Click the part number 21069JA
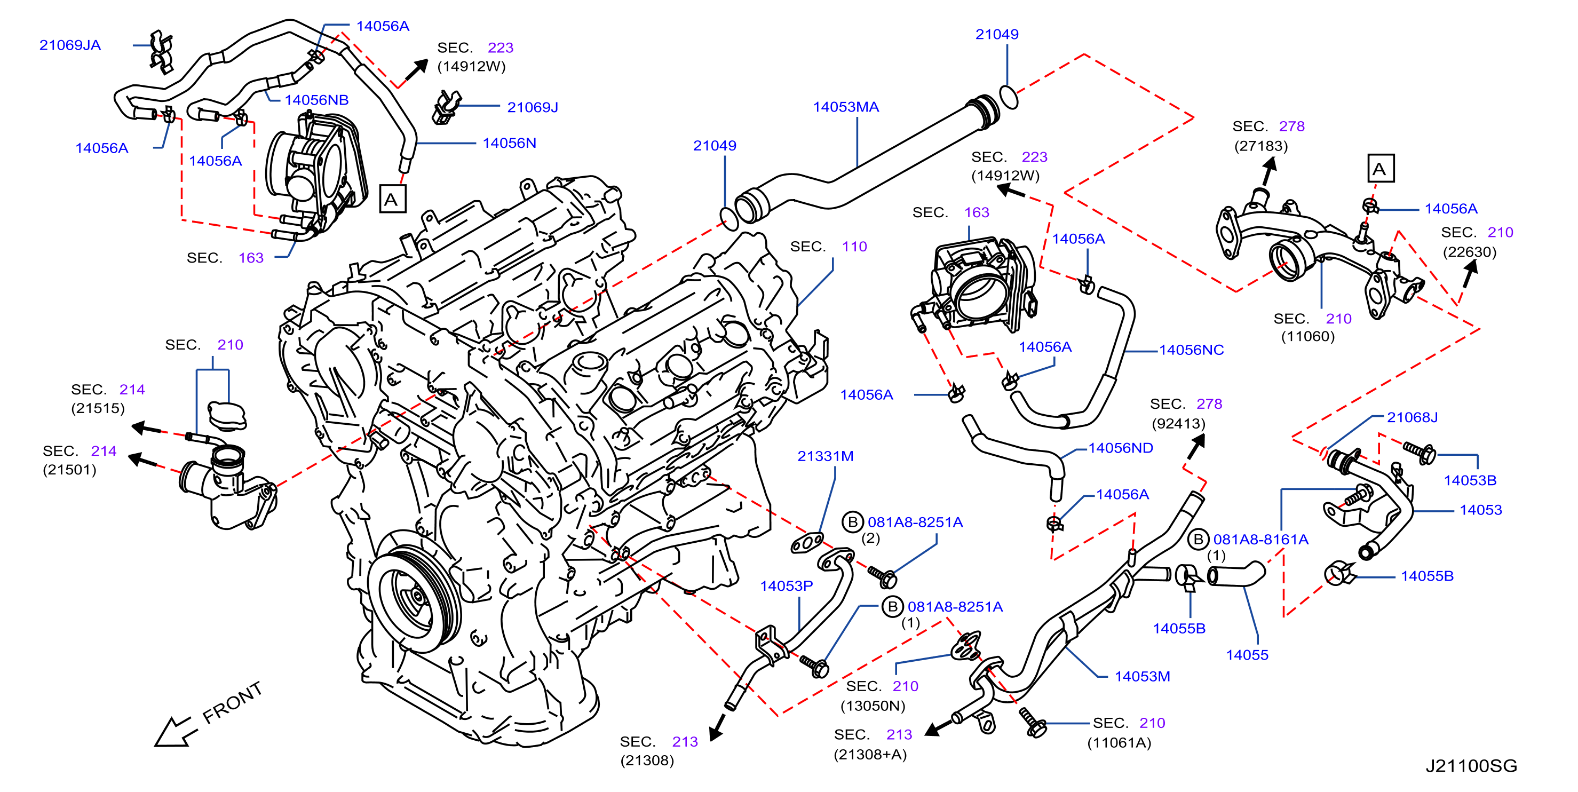(70, 45)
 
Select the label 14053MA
(845, 107)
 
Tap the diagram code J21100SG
(1471, 766)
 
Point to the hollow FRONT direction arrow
(175, 732)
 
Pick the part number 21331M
(825, 456)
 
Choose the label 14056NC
(1192, 350)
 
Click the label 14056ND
(1121, 448)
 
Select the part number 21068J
(1412, 417)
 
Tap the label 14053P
(787, 585)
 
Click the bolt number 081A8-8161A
(1260, 539)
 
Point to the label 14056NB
(316, 100)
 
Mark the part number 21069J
(533, 107)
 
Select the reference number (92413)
(1179, 423)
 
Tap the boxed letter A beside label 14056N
(392, 199)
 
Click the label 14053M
(1143, 676)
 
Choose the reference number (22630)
(1470, 252)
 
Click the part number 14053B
(1470, 480)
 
